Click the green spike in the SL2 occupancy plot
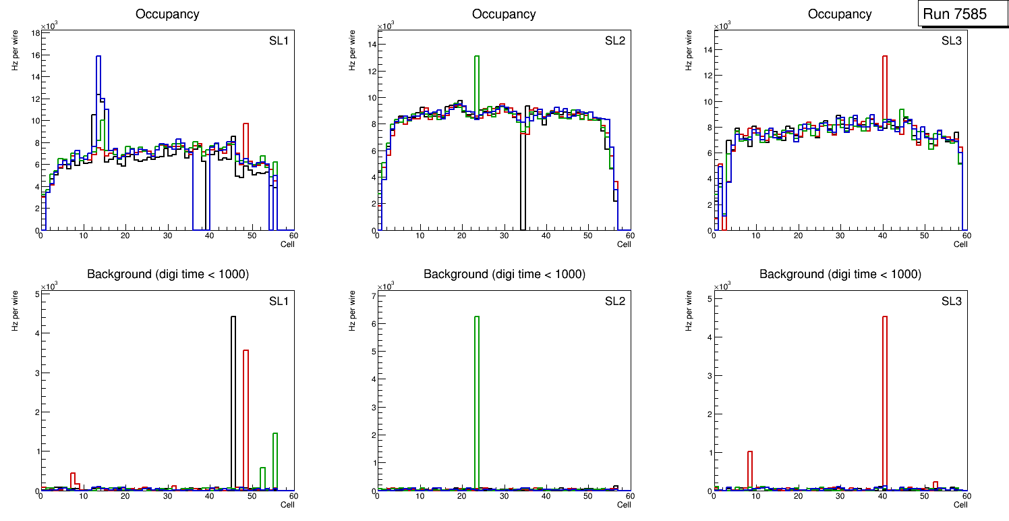477,81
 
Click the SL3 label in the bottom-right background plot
952,301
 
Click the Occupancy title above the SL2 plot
504,14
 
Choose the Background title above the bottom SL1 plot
167,274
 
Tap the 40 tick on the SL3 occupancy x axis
882,236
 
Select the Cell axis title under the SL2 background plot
623,505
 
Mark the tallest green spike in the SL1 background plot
275,459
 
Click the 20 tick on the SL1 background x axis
125,496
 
